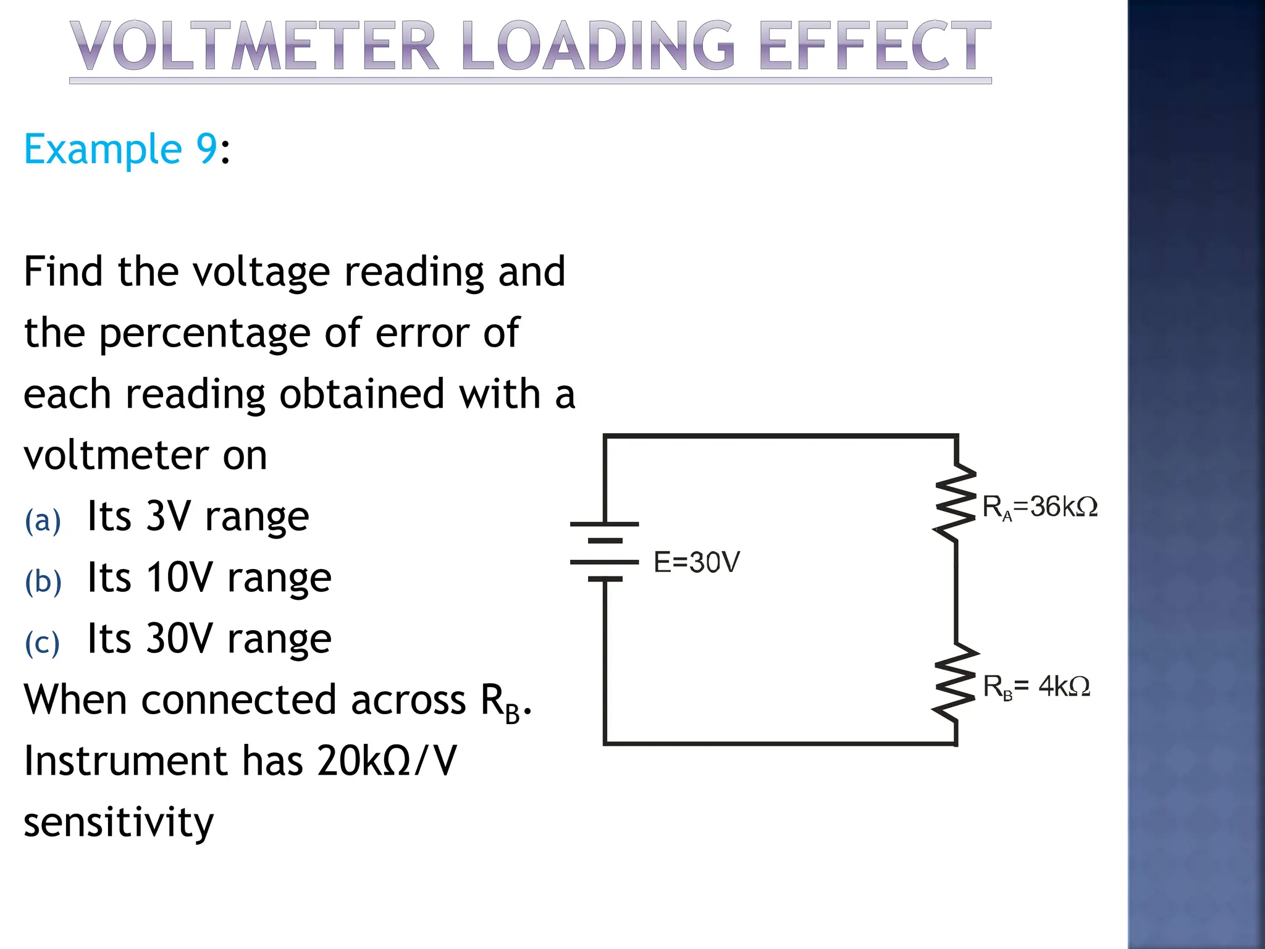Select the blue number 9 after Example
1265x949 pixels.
coord(206,150)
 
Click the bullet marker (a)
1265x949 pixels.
coord(43,521)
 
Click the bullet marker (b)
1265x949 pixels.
coord(43,582)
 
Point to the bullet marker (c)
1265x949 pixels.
coord(42,643)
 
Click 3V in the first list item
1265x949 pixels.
coord(168,516)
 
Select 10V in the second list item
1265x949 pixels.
coord(179,578)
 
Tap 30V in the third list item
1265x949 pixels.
coord(179,639)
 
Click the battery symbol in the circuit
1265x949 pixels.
coord(604,552)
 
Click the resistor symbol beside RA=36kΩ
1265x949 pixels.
coord(956,504)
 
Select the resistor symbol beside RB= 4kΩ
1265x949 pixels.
coord(956,683)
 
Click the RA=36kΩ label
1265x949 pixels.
coord(1040,507)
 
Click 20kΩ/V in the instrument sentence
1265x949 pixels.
coord(386,761)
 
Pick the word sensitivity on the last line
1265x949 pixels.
coord(119,823)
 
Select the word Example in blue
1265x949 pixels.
coord(103,150)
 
